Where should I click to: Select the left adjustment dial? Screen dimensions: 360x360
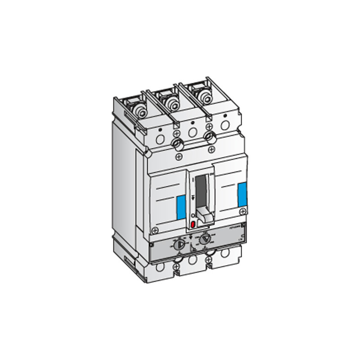point(179,244)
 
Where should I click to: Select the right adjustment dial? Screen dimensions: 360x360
point(205,239)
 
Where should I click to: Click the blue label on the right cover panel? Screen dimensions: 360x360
point(242,193)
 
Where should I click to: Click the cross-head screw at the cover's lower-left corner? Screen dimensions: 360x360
point(155,230)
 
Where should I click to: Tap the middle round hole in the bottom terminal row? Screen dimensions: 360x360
point(193,261)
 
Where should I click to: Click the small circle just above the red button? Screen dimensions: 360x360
point(193,216)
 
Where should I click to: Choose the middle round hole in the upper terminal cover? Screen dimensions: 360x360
point(193,132)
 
